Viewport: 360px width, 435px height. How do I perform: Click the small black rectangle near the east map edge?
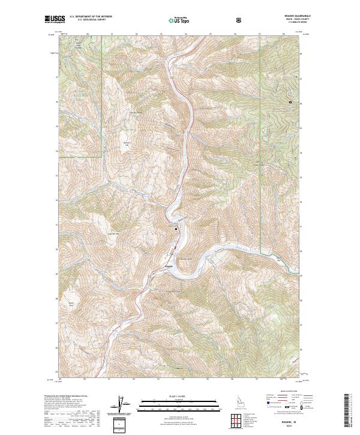pyautogui.click(x=290, y=103)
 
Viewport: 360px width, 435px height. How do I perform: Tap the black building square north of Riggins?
pyautogui.click(x=176, y=229)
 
